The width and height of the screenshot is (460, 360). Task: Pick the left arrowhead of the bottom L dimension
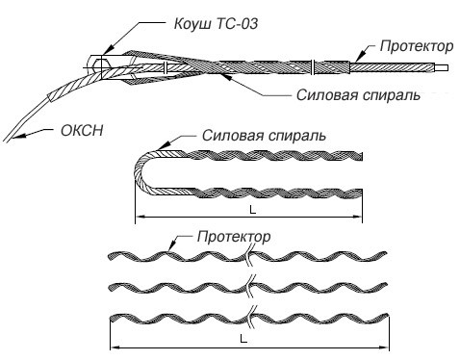coord(114,347)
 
